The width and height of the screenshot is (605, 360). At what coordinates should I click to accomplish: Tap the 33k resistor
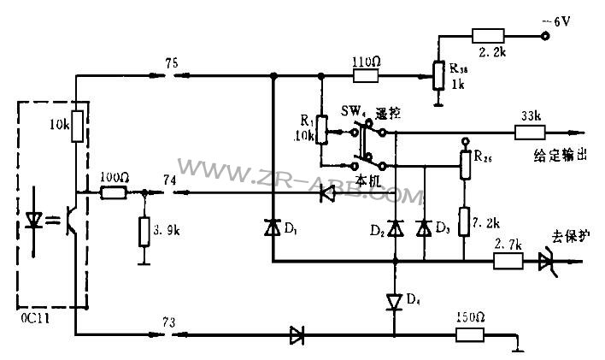coord(528,133)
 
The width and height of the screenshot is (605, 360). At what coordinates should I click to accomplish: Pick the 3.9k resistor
coord(144,230)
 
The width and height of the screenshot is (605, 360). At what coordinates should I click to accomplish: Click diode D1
coord(272,228)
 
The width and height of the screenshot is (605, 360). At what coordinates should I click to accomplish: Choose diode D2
coord(394,227)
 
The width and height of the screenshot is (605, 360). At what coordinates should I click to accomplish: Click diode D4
coord(394,301)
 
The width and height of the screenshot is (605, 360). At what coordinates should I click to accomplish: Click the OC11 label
coord(32,318)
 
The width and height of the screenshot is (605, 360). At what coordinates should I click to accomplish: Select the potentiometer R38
coord(438,75)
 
